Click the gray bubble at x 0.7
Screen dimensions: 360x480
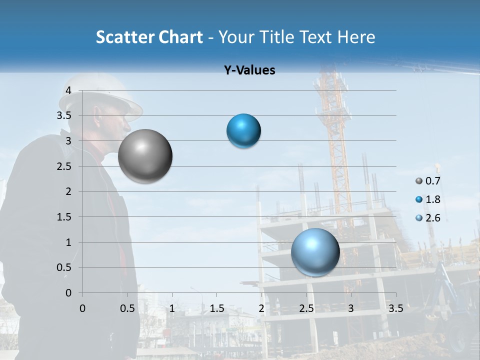145,156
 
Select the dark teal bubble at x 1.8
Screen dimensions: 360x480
243,131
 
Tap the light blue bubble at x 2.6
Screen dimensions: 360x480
315,252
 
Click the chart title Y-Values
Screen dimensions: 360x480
249,70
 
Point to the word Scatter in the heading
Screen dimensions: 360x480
123,37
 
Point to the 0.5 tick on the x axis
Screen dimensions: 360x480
127,308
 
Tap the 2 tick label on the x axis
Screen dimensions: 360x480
261,308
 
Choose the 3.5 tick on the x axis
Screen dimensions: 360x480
395,308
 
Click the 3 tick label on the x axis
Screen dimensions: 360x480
351,308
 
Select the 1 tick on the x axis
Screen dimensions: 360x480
172,308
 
